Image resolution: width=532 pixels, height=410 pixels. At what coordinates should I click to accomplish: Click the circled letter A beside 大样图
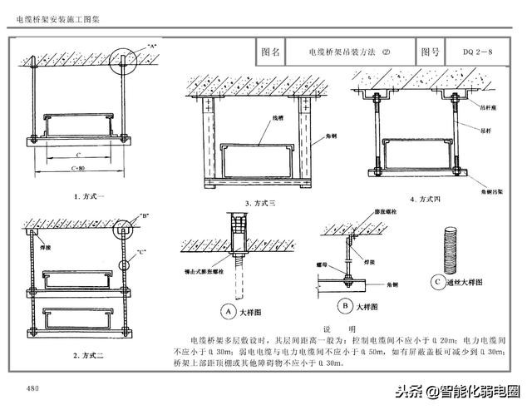point(225,311)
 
